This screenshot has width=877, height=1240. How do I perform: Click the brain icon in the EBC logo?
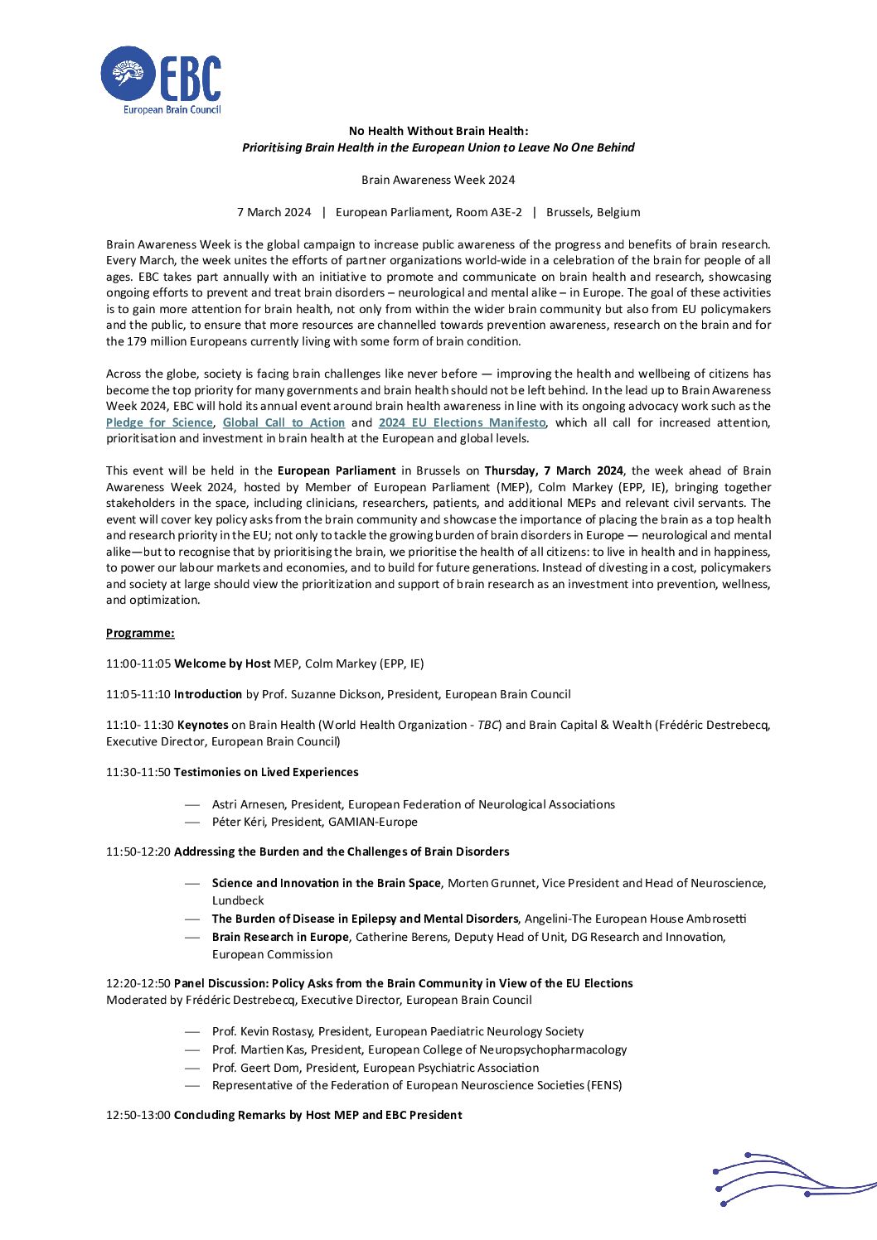(x=128, y=75)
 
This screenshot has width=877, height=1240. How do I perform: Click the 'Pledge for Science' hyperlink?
(x=159, y=422)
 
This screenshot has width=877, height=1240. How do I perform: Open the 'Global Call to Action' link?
(x=283, y=422)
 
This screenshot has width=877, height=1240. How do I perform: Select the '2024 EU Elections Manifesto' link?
(x=462, y=422)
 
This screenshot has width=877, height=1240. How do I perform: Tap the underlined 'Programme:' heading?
(x=140, y=633)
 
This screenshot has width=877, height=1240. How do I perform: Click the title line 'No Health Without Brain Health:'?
(x=438, y=131)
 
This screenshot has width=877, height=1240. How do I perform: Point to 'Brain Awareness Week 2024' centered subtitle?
(x=438, y=180)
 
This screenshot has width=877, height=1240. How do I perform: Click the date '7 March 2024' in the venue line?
(x=274, y=212)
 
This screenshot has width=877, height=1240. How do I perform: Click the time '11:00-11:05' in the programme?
(x=138, y=663)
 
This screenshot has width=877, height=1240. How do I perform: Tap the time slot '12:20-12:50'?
(x=138, y=983)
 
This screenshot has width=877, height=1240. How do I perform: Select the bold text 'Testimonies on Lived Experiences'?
(x=266, y=772)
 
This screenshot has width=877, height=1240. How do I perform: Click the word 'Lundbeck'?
(x=238, y=900)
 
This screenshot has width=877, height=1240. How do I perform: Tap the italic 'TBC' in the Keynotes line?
(x=488, y=725)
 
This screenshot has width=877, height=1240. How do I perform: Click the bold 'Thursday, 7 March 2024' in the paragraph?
(x=554, y=470)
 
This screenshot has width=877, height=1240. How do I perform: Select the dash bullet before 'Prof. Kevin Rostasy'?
(x=192, y=1031)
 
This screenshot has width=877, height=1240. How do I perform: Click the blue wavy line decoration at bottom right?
(x=787, y=1178)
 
